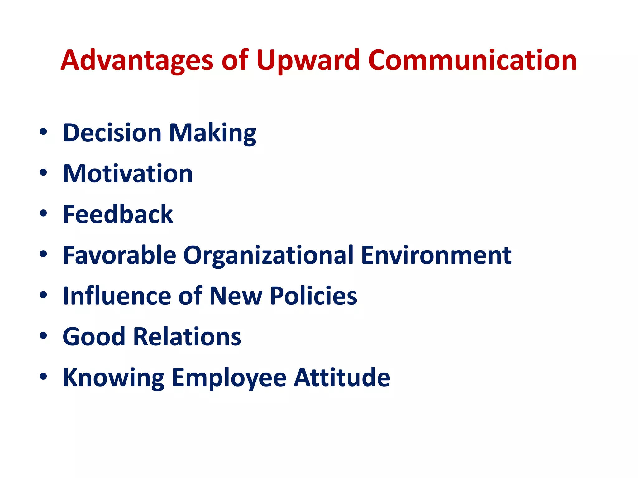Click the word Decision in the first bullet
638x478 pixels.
pyautogui.click(x=112, y=133)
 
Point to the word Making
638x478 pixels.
pyautogui.click(x=212, y=133)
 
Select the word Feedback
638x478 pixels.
pyautogui.click(x=118, y=214)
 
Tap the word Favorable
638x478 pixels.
pyautogui.click(x=119, y=255)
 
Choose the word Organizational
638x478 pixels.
pyautogui.click(x=268, y=255)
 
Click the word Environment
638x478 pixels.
pyautogui.click(x=436, y=255)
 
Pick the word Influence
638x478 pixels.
pyautogui.click(x=117, y=296)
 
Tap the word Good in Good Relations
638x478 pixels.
pyautogui.click(x=94, y=337)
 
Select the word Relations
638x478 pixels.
pyautogui.click(x=187, y=337)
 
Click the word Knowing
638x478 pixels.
pyautogui.click(x=113, y=377)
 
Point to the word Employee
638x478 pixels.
pyautogui.click(x=229, y=377)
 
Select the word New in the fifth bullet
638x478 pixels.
pyautogui.click(x=236, y=296)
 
